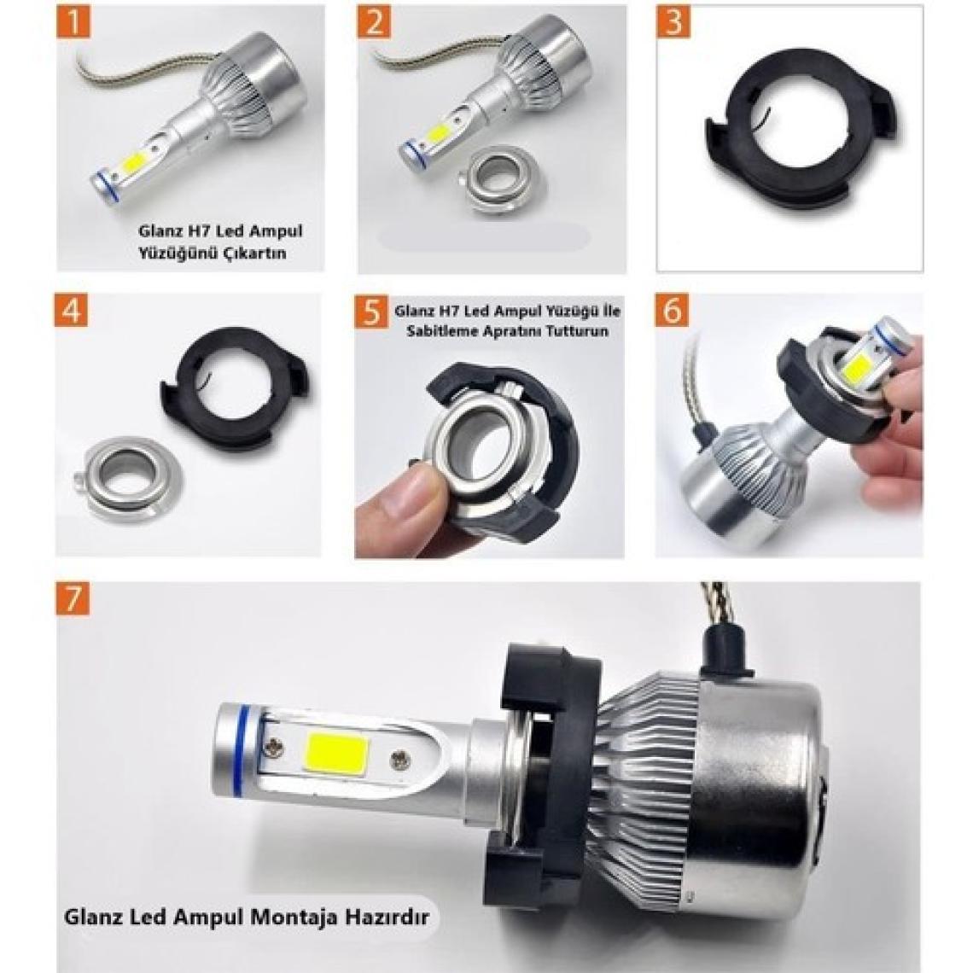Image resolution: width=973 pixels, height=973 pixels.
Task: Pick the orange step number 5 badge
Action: coord(371,311)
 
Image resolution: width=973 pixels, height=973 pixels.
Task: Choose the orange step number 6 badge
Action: coord(672,310)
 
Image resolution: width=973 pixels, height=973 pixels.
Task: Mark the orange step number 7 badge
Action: coord(73,599)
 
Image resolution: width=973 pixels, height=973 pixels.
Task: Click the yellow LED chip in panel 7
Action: coord(332,753)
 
